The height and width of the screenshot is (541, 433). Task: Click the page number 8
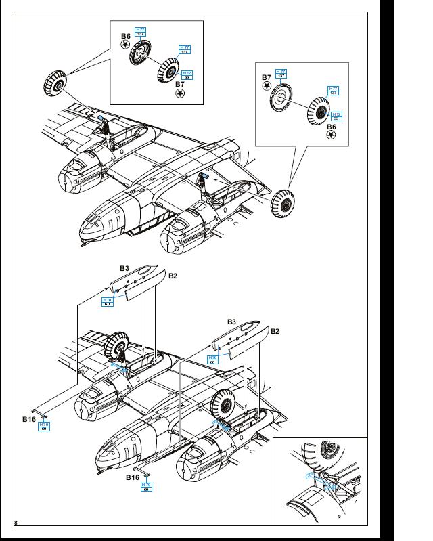[x=15, y=522]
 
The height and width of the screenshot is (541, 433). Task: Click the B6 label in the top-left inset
[x=125, y=36]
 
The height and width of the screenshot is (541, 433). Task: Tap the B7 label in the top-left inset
[x=180, y=84]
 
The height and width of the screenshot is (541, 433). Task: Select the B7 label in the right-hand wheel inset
[x=266, y=78]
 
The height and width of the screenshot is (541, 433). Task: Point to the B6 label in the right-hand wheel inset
[x=332, y=126]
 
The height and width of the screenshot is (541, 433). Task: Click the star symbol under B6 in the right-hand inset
[x=332, y=135]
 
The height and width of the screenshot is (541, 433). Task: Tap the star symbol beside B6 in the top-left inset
[x=125, y=45]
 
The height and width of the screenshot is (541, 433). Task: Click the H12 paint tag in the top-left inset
[x=187, y=74]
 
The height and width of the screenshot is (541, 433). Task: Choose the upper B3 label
[x=124, y=268]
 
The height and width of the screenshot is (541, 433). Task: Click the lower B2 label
[x=275, y=331]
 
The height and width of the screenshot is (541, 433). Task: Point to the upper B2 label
[x=173, y=276]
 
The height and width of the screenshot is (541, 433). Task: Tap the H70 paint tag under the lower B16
[x=146, y=487]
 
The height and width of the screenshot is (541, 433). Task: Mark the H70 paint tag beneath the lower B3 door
[x=213, y=359]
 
